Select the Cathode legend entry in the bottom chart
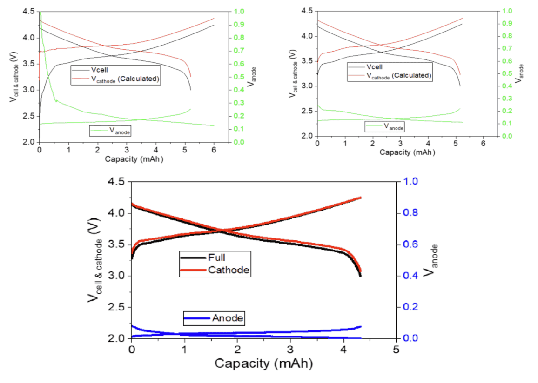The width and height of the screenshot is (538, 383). pos(229,270)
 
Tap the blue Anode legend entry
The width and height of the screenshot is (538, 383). pos(228,318)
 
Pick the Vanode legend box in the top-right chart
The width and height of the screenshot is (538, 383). pos(385,126)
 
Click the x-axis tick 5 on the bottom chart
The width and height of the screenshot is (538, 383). pos(396,349)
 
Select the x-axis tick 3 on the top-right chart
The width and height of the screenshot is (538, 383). pos(400,145)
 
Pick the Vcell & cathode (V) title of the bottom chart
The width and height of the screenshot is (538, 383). pos(94,263)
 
